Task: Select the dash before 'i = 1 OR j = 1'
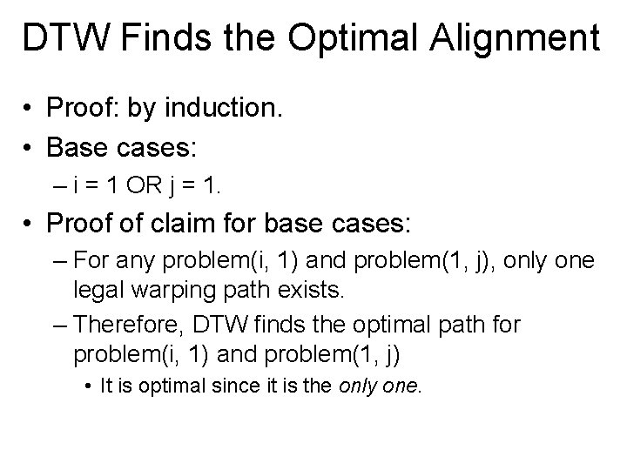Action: pyautogui.click(x=58, y=185)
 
